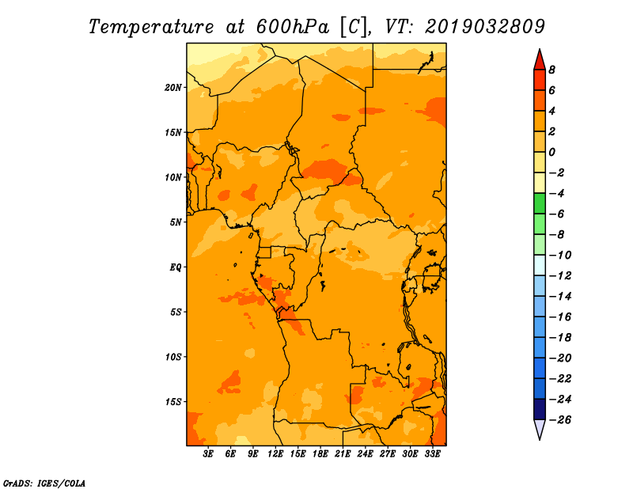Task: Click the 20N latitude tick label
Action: [x=173, y=88]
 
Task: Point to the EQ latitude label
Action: [x=176, y=267]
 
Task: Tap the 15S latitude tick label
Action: [x=173, y=402]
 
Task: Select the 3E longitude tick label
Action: [x=208, y=454]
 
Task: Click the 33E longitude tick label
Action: [x=432, y=454]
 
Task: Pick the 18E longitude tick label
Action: [x=320, y=454]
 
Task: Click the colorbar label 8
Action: [x=552, y=70]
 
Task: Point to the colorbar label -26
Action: [x=560, y=420]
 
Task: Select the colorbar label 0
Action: [x=552, y=152]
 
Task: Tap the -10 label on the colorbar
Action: [x=560, y=256]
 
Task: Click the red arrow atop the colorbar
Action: [x=540, y=59]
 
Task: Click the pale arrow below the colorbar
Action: [x=540, y=430]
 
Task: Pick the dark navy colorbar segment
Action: [x=540, y=409]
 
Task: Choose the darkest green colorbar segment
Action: [x=540, y=203]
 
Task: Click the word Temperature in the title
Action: [x=151, y=27]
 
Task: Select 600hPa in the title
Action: [x=292, y=27]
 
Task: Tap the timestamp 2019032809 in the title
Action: [x=485, y=27]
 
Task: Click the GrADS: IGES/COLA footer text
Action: [x=44, y=483]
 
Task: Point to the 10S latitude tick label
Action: [x=173, y=357]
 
